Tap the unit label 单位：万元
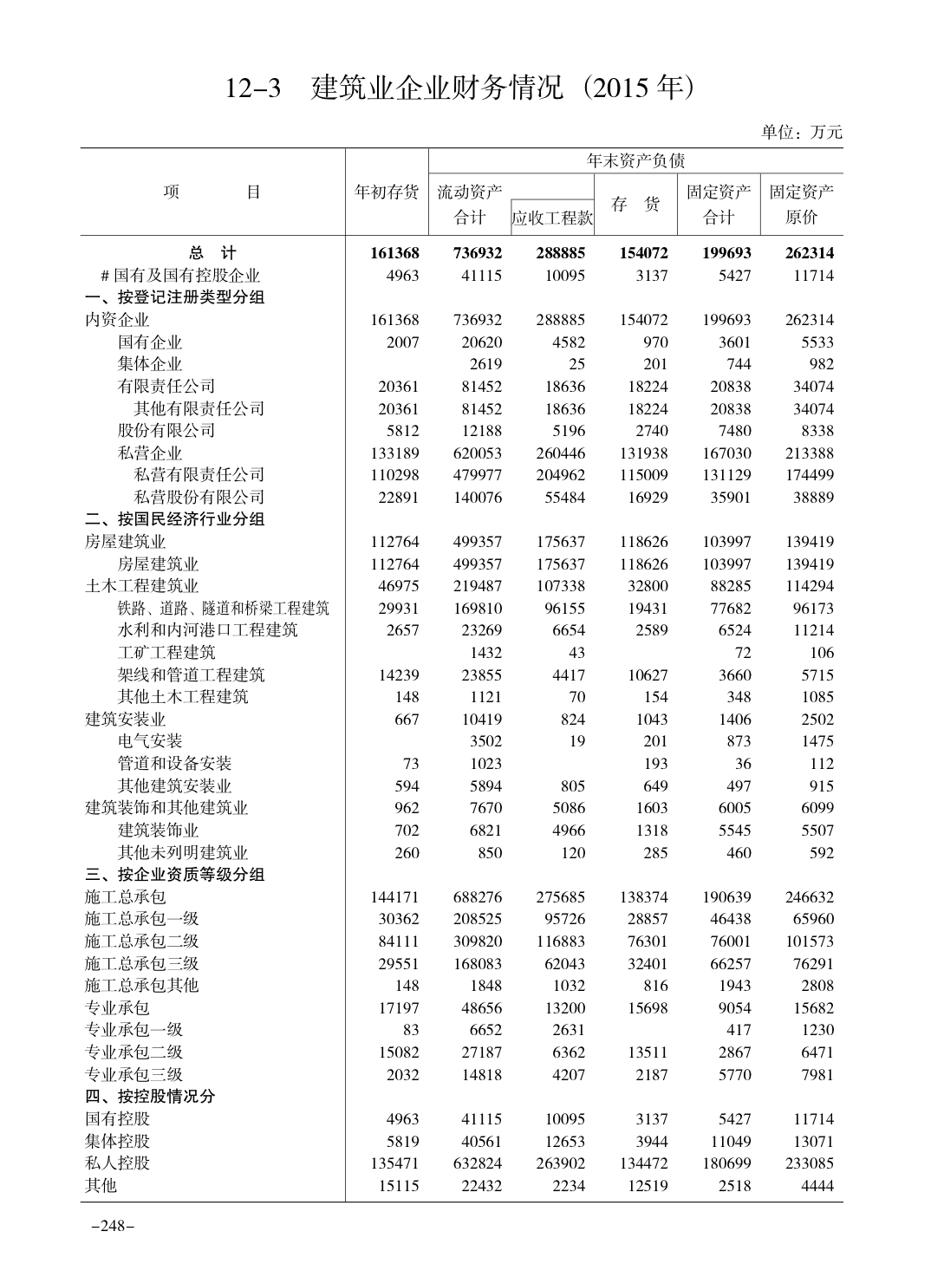(801, 133)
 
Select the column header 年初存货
(387, 192)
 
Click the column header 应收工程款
(552, 218)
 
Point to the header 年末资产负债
(635, 161)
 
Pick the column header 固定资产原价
(802, 204)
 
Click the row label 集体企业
(150, 364)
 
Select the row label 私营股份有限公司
(199, 497)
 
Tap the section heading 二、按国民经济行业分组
(175, 519)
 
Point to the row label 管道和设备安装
(175, 763)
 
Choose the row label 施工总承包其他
(142, 985)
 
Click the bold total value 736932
(477, 253)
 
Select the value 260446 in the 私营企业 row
(560, 453)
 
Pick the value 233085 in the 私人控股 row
(809, 1163)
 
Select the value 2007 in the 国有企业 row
(402, 342)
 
